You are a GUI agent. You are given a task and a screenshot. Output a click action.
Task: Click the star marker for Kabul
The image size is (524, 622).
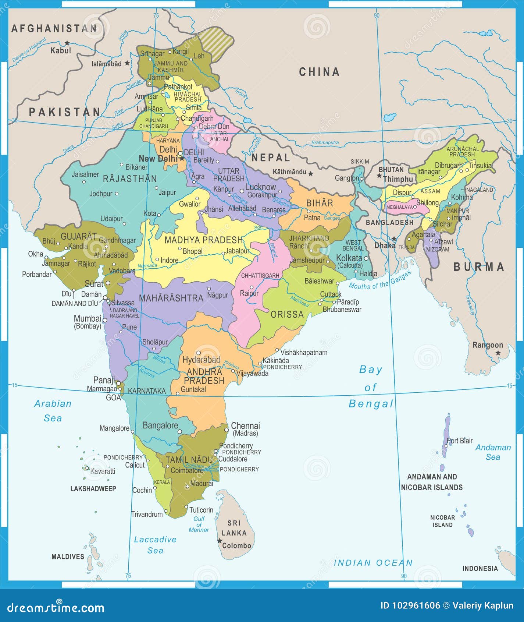(67, 43)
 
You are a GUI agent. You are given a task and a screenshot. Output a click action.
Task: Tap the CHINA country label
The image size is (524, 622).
(319, 72)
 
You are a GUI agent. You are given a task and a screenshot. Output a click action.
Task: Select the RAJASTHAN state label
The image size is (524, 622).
(130, 179)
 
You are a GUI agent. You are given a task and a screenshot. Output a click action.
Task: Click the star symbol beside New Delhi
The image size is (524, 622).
(182, 158)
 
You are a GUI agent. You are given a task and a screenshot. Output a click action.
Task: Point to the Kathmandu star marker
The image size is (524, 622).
(311, 173)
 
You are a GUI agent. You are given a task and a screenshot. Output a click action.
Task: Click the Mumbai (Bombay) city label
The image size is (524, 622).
(88, 322)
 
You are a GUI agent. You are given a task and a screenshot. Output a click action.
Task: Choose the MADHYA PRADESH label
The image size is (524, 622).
(203, 240)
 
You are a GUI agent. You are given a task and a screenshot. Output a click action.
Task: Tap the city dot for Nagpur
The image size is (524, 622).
(209, 289)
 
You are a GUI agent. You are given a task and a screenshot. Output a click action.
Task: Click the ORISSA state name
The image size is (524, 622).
(287, 314)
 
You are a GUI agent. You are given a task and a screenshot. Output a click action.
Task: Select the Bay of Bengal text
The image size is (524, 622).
(371, 387)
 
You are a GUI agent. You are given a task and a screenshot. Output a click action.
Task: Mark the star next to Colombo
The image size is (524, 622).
(220, 541)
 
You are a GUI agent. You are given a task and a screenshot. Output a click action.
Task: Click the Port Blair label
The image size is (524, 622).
(459, 441)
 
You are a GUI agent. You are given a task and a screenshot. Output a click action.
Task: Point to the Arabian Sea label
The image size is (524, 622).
(53, 411)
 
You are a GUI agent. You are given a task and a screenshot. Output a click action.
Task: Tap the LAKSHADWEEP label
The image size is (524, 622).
(93, 489)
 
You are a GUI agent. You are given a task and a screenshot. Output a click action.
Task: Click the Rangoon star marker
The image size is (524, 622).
(498, 353)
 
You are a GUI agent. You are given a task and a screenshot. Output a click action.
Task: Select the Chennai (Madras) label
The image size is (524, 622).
(245, 429)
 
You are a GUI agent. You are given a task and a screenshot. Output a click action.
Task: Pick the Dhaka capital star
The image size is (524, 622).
(394, 239)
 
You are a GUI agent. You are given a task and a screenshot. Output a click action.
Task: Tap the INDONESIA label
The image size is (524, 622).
(480, 569)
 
